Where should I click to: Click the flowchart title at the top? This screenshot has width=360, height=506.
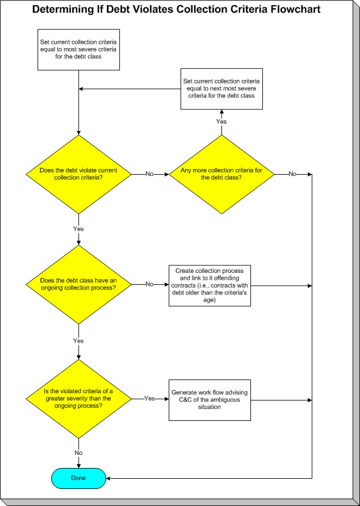(176, 10)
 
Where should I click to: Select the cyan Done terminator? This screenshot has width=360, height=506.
(78, 478)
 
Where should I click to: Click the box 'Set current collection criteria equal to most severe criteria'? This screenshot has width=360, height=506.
(78, 49)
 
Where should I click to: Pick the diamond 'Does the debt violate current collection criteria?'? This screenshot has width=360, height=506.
(78, 174)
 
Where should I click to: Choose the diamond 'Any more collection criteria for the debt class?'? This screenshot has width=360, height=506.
(221, 174)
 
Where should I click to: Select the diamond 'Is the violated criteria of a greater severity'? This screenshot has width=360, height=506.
(78, 399)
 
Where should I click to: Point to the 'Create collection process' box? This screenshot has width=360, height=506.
(210, 285)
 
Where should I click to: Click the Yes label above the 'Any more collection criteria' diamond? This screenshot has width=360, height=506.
(221, 121)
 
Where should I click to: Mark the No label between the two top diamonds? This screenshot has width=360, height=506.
(149, 174)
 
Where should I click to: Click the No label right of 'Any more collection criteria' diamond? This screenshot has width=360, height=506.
(292, 174)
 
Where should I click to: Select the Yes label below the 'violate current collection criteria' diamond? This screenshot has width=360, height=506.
(78, 229)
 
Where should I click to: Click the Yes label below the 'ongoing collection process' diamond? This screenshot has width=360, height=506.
(78, 341)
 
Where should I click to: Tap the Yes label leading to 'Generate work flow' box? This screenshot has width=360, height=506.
(149, 399)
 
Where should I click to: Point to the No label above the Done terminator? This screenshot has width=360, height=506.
(78, 453)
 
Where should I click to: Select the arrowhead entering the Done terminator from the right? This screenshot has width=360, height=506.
(109, 478)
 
